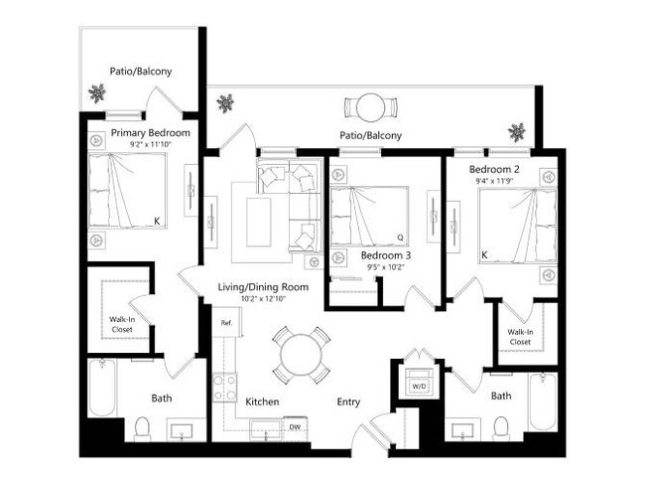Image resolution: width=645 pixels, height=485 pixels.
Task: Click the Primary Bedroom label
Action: tap(151, 132)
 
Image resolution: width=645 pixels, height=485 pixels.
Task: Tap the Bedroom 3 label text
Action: tap(386, 254)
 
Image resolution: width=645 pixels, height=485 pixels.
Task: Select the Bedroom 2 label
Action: tap(497, 169)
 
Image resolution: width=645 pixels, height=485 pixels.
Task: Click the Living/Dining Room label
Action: tap(263, 287)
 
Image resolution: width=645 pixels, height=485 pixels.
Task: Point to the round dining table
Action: tap(301, 354)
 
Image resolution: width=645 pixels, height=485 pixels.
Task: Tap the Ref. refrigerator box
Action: tap(226, 322)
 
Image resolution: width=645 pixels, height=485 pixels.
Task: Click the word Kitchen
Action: tap(262, 402)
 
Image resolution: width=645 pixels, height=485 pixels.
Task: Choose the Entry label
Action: tap(348, 402)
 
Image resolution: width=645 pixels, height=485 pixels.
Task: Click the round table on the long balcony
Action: tap(370, 106)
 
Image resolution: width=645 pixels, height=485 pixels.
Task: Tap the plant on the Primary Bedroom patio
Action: tap(97, 93)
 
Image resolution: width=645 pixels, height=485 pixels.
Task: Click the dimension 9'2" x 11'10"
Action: tap(151, 145)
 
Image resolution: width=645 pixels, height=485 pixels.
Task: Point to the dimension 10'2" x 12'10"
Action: tap(263, 299)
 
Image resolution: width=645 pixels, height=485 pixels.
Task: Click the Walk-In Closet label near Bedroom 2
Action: tap(521, 336)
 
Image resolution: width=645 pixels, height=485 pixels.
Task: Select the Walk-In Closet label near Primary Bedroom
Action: tap(123, 323)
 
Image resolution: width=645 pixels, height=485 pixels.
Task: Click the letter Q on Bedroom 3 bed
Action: tap(400, 238)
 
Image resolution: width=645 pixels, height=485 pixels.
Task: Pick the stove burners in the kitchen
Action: tap(224, 386)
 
